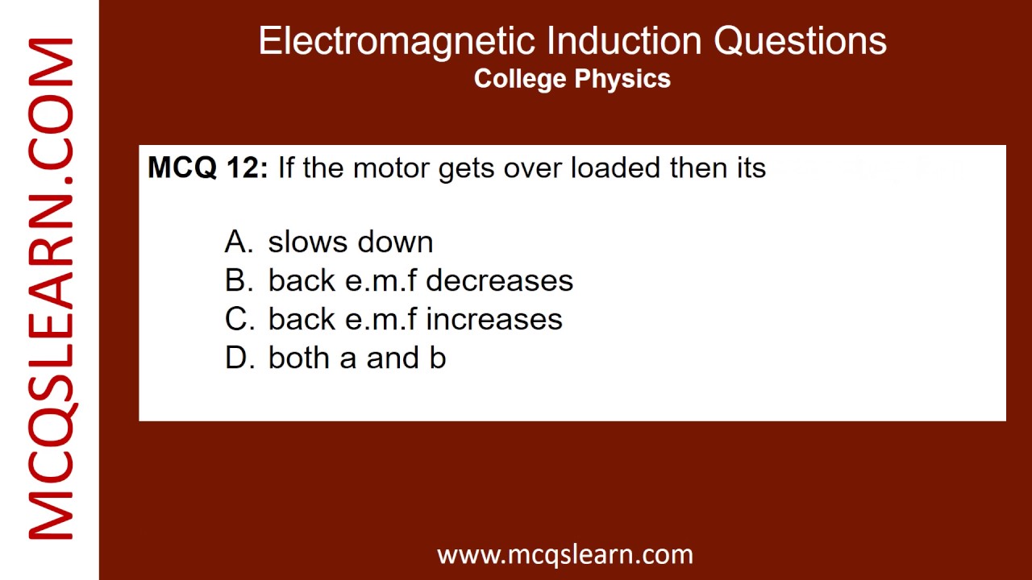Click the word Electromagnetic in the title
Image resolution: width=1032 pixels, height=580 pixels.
coord(396,40)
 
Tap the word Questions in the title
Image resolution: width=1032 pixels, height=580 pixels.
coord(801,40)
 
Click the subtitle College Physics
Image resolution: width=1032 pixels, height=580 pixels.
coord(572,78)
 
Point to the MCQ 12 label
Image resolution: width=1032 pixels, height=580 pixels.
coord(207,168)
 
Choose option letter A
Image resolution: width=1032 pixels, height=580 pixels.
coord(239,242)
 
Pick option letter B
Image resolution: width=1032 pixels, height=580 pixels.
coord(239,280)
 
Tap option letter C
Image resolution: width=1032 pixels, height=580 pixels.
coord(239,319)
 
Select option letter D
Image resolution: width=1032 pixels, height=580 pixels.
coord(239,358)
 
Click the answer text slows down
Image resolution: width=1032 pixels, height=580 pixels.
coord(351,242)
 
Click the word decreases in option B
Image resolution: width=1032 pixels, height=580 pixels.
coord(499,280)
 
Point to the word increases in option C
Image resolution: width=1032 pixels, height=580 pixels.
coord(494,319)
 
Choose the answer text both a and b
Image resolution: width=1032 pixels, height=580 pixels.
coord(357,358)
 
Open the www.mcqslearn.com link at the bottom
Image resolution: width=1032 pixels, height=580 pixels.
coord(565,554)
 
